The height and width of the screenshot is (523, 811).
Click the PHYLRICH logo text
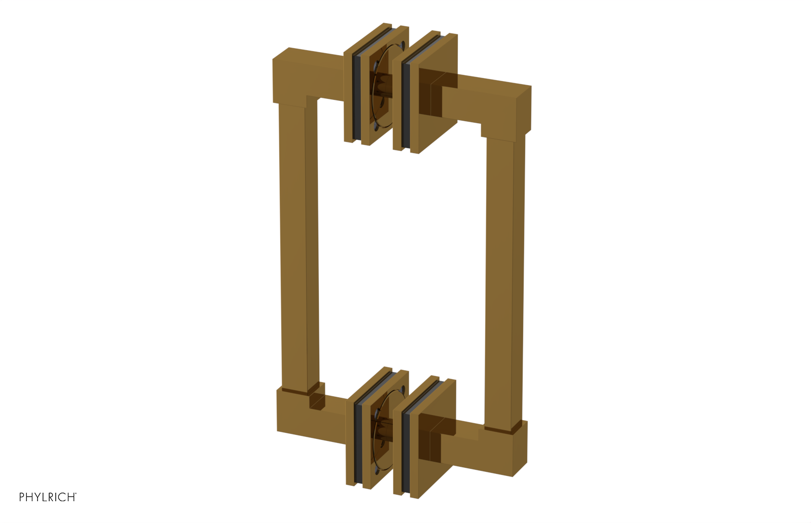(47, 497)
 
